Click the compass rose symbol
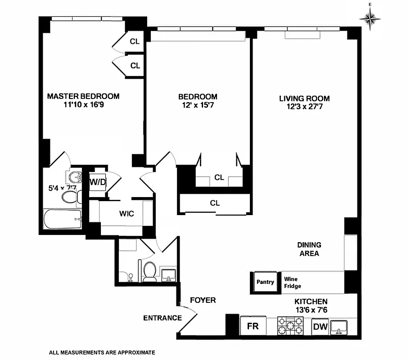point(370,18)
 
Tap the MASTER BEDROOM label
point(83,96)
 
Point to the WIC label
point(127,214)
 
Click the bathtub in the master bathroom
point(63,220)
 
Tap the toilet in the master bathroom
point(71,196)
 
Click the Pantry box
point(265,282)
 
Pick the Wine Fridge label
point(293,282)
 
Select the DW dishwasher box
point(320,327)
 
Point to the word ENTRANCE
point(162,318)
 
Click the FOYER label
point(203,300)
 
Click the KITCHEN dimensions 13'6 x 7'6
point(311,310)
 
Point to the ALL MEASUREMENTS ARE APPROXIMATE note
point(102,352)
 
